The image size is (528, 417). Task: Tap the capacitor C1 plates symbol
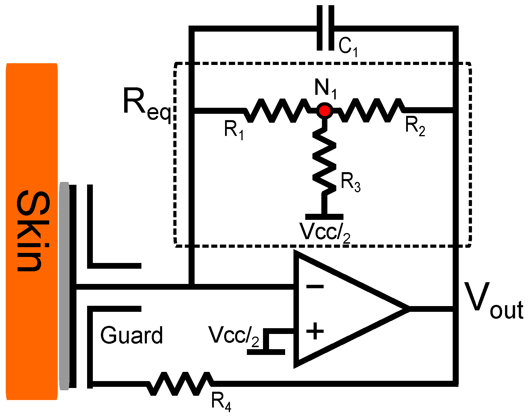coord(325,28)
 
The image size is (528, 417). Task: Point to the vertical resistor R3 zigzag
coord(324,161)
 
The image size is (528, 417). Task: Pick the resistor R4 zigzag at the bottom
coord(180,384)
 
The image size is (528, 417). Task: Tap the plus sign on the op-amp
coord(315,331)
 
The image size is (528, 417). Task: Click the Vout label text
coord(493,302)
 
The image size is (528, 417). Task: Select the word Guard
coord(131,336)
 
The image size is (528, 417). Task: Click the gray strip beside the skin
coord(64,286)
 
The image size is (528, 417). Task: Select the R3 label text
coord(351,182)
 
